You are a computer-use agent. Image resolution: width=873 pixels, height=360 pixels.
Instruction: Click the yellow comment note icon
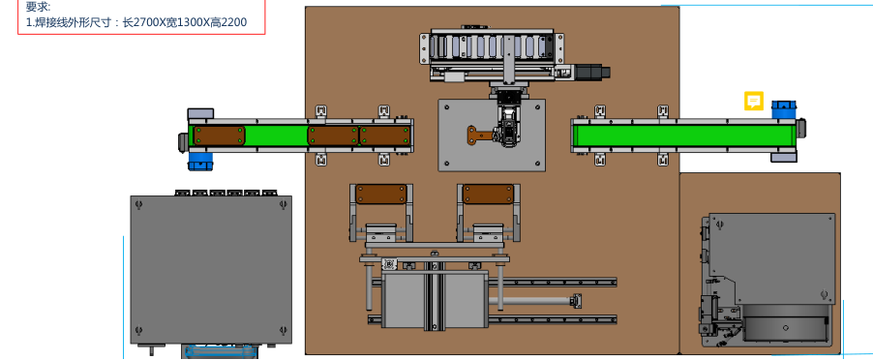point(754,101)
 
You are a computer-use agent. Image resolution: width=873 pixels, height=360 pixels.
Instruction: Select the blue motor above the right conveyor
point(783,109)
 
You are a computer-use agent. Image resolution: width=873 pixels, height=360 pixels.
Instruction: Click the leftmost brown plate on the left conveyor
point(219,135)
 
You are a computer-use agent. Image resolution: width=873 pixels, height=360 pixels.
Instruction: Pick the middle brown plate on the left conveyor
point(333,135)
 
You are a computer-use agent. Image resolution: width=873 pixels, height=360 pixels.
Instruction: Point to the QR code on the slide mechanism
point(389,264)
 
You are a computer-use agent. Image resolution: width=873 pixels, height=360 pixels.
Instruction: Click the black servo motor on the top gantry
point(592,73)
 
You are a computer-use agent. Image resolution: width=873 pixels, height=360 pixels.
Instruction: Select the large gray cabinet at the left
point(211,269)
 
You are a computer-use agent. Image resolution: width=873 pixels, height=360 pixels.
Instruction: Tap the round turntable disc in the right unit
point(785,327)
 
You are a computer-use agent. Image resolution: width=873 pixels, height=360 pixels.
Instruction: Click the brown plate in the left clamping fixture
point(380,195)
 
